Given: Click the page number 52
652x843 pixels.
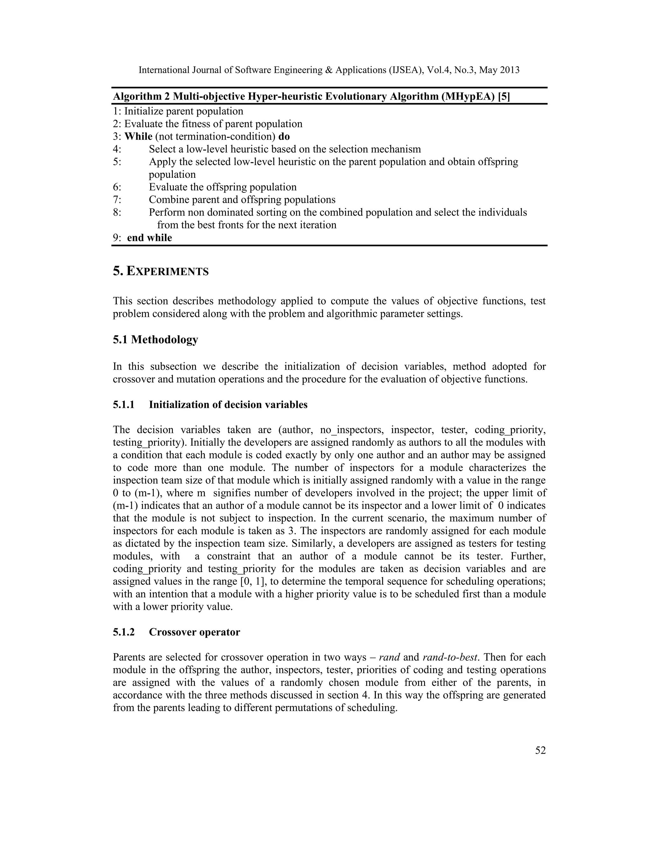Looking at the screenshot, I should click(x=540, y=750).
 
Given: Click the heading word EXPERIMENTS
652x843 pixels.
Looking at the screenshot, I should click(x=168, y=272).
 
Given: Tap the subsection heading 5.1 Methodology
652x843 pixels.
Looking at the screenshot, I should click(x=155, y=340).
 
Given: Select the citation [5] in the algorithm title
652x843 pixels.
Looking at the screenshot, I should click(x=504, y=96).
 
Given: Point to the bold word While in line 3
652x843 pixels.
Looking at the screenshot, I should click(x=138, y=137).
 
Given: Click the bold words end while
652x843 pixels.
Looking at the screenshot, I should click(x=150, y=238).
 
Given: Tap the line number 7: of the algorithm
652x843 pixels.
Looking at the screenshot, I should click(x=117, y=200).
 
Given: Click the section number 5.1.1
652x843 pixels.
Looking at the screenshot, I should click(x=124, y=405).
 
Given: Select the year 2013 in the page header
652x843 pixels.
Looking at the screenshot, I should click(x=509, y=70).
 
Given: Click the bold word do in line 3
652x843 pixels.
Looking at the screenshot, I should click(x=284, y=137).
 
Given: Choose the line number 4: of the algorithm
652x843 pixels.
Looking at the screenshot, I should click(x=117, y=150).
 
